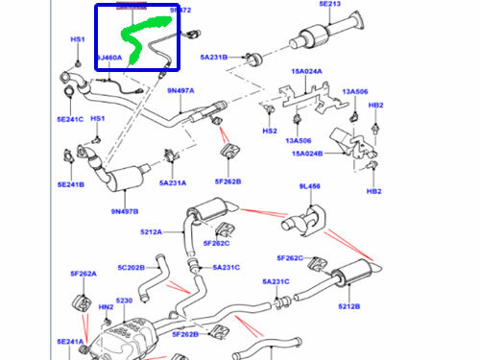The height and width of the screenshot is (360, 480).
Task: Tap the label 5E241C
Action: [69, 119]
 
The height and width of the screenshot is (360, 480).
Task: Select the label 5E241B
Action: [69, 185]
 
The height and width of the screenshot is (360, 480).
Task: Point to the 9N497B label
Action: [125, 211]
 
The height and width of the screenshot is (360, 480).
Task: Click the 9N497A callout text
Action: [180, 91]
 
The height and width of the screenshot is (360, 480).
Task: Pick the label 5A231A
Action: [173, 181]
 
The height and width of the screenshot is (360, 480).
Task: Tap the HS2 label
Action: [270, 131]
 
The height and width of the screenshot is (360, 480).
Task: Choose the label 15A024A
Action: [306, 71]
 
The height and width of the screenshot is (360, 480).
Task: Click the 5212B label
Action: [349, 306]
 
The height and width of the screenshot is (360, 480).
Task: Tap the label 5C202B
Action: [132, 268]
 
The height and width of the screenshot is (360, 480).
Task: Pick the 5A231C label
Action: [276, 282]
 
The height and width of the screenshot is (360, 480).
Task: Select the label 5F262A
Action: [83, 274]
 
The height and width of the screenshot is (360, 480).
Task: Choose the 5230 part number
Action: [125, 300]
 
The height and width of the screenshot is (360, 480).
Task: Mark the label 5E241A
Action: [69, 342]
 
